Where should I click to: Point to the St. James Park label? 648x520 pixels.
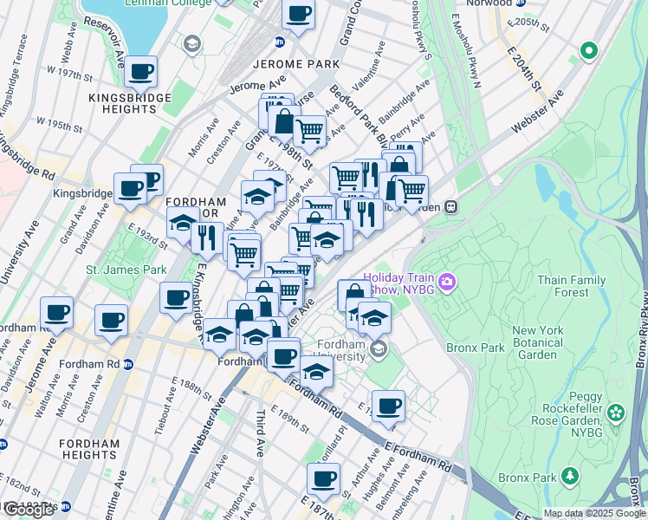[126, 270]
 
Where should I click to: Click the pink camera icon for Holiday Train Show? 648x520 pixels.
[447, 281]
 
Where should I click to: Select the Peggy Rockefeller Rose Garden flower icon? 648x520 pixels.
[616, 413]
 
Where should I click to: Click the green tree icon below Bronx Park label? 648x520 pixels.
[570, 475]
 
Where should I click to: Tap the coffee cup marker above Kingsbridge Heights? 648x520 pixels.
[139, 73]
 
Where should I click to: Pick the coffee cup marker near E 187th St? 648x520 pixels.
[324, 478]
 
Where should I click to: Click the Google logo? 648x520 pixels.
[29, 510]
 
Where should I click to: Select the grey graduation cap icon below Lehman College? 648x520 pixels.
[191, 43]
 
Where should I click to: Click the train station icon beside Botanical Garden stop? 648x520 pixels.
[451, 207]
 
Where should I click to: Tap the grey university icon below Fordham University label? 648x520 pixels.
[378, 349]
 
